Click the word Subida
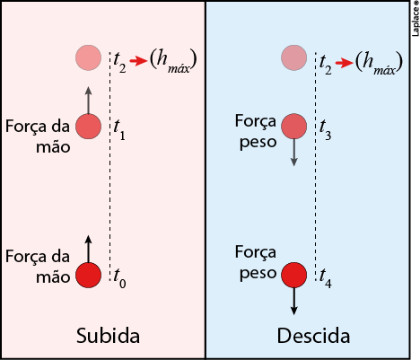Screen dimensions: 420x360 pyautogui.click(x=108, y=336)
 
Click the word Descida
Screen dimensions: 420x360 pyautogui.click(x=313, y=336)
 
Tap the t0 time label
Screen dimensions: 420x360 pyautogui.click(x=119, y=278)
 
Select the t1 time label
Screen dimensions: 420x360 pyautogui.click(x=119, y=130)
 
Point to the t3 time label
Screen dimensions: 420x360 pyautogui.click(x=325, y=130)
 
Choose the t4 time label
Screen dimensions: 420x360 pyautogui.click(x=326, y=278)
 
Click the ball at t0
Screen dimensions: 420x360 pyautogui.click(x=88, y=276)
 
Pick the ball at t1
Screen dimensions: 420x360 pyautogui.click(x=88, y=127)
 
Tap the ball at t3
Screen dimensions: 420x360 pyautogui.click(x=294, y=127)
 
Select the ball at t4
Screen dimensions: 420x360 pyautogui.click(x=294, y=275)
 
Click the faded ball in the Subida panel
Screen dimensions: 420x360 pyautogui.click(x=88, y=57)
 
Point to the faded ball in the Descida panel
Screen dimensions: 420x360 pyautogui.click(x=294, y=57)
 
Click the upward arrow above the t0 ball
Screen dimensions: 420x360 pyautogui.click(x=88, y=250)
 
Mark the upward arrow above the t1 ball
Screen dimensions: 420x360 pyautogui.click(x=88, y=101)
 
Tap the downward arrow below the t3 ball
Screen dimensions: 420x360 pyautogui.click(x=294, y=152)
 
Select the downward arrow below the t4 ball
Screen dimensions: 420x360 pyautogui.click(x=294, y=301)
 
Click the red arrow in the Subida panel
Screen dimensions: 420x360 pyautogui.click(x=138, y=61)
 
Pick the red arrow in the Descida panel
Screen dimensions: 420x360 pyautogui.click(x=344, y=63)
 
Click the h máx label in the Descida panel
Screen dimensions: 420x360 pyautogui.click(x=379, y=63)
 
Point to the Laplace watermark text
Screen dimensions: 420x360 pyautogui.click(x=416, y=19)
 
